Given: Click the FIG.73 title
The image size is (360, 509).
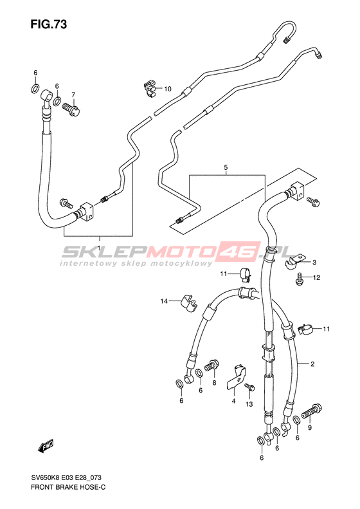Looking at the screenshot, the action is (49, 24).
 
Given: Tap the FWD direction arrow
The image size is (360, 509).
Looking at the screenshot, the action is (46, 446).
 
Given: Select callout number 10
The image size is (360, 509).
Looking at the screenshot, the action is (168, 89).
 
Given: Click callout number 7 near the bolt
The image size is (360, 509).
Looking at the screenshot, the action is (73, 95).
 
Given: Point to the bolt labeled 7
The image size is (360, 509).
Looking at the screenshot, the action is (71, 108).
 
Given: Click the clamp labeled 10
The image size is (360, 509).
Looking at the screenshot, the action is (149, 89).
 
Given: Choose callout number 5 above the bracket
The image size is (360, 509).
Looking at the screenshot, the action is (226, 167).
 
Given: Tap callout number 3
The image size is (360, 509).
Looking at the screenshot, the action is (314, 263).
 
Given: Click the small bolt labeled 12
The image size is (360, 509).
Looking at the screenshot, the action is (299, 279).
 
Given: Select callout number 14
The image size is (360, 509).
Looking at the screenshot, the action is (164, 301).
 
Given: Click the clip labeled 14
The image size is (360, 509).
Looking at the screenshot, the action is (189, 303).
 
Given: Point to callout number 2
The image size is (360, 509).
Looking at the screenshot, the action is (312, 364).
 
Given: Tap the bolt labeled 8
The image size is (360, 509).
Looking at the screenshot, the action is (212, 365).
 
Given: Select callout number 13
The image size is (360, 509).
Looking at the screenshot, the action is (249, 404).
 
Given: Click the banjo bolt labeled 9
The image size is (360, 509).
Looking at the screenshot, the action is (311, 411).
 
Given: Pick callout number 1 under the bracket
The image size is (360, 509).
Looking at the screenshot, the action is (99, 248).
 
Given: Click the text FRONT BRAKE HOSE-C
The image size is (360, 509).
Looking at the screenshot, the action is (68, 487).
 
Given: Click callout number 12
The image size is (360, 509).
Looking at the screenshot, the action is (316, 277).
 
